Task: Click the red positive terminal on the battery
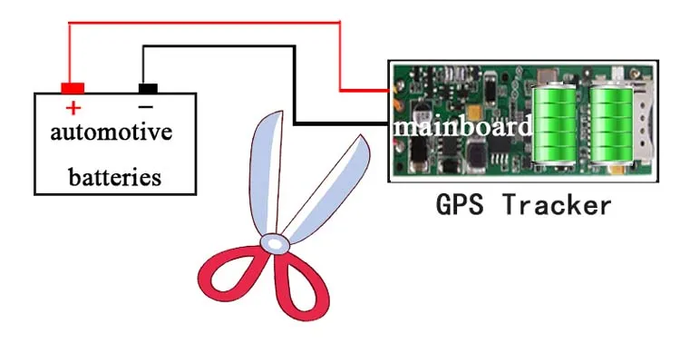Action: point(73,88)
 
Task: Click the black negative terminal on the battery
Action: point(147,88)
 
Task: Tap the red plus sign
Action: point(73,106)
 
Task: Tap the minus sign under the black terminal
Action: point(146,106)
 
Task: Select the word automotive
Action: point(111,132)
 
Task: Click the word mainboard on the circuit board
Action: point(461,126)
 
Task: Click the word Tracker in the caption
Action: point(557,205)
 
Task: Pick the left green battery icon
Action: point(554,127)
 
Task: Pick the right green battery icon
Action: point(610,127)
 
